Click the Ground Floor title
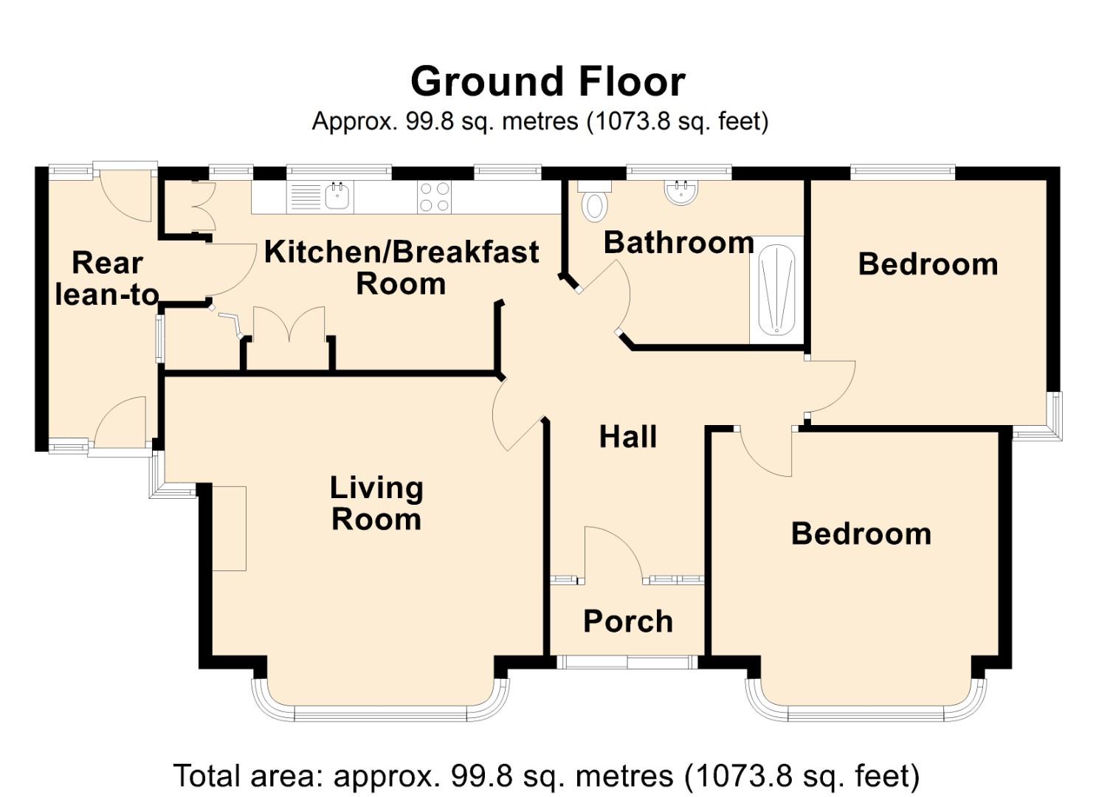pyautogui.click(x=548, y=81)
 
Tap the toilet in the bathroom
pyautogui.click(x=594, y=203)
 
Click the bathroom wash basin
pyautogui.click(x=681, y=192)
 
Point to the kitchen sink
pyautogui.click(x=338, y=196)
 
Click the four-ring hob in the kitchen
pyautogui.click(x=434, y=197)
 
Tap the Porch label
pyautogui.click(x=627, y=621)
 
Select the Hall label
pyautogui.click(x=627, y=437)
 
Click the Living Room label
pyautogui.click(x=376, y=503)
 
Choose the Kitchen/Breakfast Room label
pyautogui.click(x=401, y=267)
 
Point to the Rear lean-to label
pyautogui.click(x=107, y=279)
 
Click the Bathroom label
pyautogui.click(x=678, y=243)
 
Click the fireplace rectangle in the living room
pyautogui.click(x=229, y=528)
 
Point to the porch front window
pyautogui.click(x=627, y=662)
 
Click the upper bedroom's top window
pyautogui.click(x=902, y=172)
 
